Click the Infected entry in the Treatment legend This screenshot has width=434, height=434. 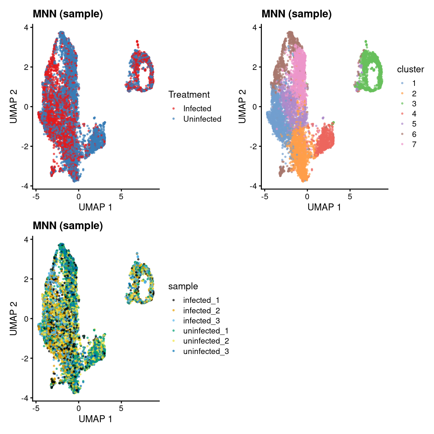(197, 108)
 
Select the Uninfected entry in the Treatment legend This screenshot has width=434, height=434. (202, 119)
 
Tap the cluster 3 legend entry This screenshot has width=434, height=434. (414, 104)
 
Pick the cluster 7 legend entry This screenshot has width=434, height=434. (414, 144)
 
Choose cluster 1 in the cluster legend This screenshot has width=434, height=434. (414, 83)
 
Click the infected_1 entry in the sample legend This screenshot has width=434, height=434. (201, 300)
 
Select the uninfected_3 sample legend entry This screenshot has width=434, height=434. (206, 351)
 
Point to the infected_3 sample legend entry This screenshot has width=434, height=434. (201, 321)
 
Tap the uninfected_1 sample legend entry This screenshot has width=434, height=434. (206, 331)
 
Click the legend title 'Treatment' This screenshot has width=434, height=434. (189, 95)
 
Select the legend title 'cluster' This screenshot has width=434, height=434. (410, 69)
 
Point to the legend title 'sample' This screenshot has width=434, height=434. (183, 286)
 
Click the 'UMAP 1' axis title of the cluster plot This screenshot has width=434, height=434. (324, 207)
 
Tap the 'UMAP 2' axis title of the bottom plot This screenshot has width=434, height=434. (13, 319)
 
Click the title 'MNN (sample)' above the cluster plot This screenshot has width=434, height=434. (296, 14)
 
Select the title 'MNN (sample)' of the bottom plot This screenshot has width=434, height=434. (68, 226)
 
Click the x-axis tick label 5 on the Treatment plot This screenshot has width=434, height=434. (121, 196)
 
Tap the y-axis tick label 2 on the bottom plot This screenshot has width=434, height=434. (26, 279)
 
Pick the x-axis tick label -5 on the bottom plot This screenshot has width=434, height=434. (36, 408)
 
